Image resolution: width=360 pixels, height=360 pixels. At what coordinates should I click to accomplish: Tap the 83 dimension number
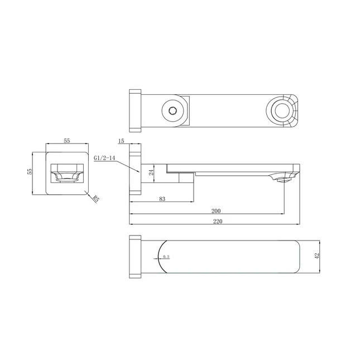point(162,198)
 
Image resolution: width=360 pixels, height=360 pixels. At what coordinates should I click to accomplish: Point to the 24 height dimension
point(150,173)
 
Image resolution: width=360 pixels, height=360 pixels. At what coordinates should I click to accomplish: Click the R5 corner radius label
point(96,198)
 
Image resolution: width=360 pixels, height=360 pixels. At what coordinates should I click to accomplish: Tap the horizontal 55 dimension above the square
point(67,141)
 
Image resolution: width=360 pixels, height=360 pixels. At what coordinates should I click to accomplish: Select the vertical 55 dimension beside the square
point(31,172)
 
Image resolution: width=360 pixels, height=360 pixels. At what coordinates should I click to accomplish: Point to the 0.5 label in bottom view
point(166,257)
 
